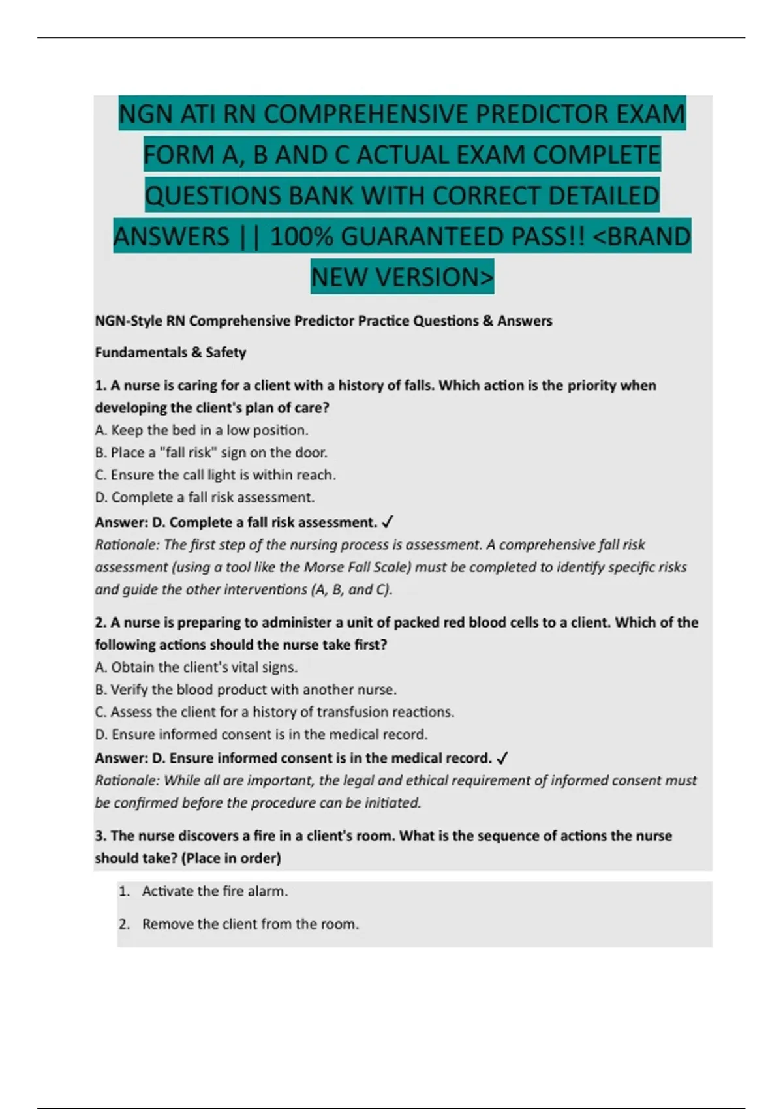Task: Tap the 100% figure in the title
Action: [x=301, y=236]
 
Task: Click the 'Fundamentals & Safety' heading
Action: [x=170, y=352]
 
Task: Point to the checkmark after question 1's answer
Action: [x=387, y=522]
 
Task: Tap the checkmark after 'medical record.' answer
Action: [x=502, y=758]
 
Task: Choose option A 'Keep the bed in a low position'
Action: [x=202, y=430]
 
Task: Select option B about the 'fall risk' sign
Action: [x=211, y=452]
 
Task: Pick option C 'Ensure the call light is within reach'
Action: [x=215, y=474]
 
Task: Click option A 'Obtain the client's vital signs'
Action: [x=196, y=667]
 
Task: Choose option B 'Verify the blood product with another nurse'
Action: [x=246, y=689]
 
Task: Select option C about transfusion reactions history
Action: [x=275, y=711]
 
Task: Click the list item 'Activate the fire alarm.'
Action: [x=215, y=890]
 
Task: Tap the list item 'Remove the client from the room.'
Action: [x=251, y=924]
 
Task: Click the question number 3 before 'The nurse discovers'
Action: [x=100, y=836]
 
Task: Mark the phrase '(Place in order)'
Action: [x=233, y=858]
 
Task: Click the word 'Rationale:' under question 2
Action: [x=127, y=780]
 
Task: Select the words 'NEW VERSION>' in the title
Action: [x=402, y=277]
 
